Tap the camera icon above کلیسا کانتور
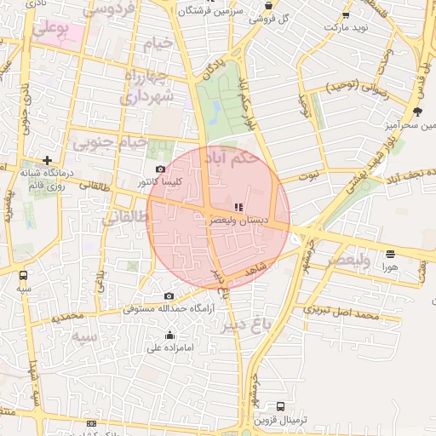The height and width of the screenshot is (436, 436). [160, 169]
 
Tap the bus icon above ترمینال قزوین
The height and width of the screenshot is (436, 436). [280, 406]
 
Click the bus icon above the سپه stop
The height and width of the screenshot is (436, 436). [23, 275]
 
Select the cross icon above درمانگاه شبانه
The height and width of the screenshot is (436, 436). [47, 160]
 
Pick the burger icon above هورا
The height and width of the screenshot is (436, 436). [390, 253]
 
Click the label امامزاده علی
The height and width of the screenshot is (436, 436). [170, 347]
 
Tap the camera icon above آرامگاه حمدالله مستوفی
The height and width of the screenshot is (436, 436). [169, 295]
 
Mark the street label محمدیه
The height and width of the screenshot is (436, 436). [67, 317]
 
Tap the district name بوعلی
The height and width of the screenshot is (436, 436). [51, 28]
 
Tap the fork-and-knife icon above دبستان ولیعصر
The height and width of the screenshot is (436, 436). [239, 206]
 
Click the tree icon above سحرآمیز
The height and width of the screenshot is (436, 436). [416, 112]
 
